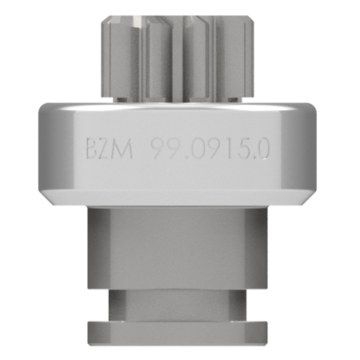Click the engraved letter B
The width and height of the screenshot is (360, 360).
92,149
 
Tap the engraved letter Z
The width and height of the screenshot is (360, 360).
106,149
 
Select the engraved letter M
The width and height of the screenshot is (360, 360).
122,149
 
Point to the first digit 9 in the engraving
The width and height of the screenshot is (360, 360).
158,149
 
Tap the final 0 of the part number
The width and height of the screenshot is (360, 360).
262,149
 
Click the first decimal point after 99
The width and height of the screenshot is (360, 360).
186,158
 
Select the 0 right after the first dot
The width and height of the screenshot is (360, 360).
197,149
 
